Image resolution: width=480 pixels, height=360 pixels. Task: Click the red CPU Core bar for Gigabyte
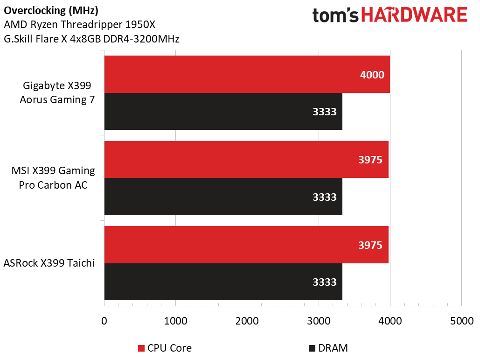pyautogui.click(x=247, y=74)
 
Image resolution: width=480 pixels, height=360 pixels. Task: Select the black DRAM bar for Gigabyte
pyautogui.click(x=223, y=112)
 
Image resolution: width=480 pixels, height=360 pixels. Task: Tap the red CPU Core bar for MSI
pyautogui.click(x=246, y=160)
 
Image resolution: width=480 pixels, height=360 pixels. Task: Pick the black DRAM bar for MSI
pyautogui.click(x=223, y=197)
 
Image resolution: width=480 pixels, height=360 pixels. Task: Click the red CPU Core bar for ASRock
pyautogui.click(x=246, y=245)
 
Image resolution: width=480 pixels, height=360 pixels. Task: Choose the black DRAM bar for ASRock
pyautogui.click(x=223, y=282)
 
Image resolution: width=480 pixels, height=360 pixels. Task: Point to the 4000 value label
pyautogui.click(x=372, y=74)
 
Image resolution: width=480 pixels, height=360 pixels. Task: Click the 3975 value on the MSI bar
pyautogui.click(x=370, y=160)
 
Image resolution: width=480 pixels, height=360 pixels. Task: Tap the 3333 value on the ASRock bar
pyautogui.click(x=324, y=282)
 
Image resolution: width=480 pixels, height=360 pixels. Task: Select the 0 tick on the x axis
pyautogui.click(x=104, y=321)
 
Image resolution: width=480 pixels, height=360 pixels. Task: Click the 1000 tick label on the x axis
pyautogui.click(x=175, y=321)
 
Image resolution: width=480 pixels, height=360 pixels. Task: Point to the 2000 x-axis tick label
pyautogui.click(x=247, y=321)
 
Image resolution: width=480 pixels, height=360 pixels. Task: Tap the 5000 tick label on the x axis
pyautogui.click(x=461, y=321)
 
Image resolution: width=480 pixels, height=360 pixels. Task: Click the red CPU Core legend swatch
pyautogui.click(x=141, y=348)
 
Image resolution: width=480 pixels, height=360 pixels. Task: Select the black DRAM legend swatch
pyautogui.click(x=312, y=348)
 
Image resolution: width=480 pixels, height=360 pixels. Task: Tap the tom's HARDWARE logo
pyautogui.click(x=390, y=16)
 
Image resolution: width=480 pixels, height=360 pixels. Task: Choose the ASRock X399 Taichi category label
pyautogui.click(x=49, y=263)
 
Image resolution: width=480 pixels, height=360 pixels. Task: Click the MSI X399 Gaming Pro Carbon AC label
pyautogui.click(x=53, y=178)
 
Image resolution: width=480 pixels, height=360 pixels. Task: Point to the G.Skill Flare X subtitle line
pyautogui.click(x=91, y=39)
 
